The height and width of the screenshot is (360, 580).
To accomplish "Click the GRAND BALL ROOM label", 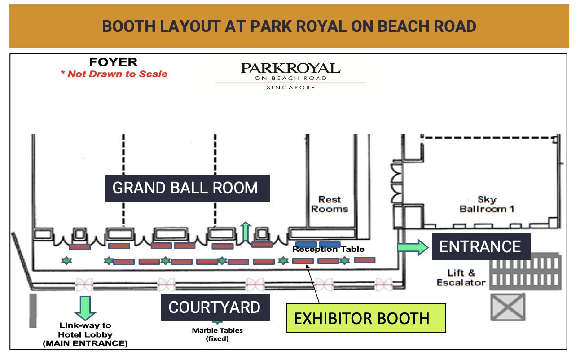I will tap(187, 188).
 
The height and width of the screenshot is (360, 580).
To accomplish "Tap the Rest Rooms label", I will tap(330, 204).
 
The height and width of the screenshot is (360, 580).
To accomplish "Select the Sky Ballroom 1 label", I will tap(487, 204).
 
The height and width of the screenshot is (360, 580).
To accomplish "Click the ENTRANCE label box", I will tap(481, 247).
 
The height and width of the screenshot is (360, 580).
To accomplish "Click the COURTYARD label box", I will tap(215, 307).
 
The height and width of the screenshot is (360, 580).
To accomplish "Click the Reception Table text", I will tap(329, 249).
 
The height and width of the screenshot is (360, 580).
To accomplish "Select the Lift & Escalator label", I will tap(461, 278).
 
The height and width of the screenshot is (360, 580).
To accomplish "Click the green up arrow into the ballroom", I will tap(245, 232).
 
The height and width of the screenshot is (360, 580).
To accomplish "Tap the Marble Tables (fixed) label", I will tap(217, 334).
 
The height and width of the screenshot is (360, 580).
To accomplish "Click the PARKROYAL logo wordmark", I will tap(290, 68).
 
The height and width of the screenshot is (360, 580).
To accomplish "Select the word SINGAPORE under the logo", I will tap(290, 88).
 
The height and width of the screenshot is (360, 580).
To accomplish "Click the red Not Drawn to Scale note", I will tap(114, 74).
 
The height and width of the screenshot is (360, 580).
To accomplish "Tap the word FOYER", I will tap(113, 62).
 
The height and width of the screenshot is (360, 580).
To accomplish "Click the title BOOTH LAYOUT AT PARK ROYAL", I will tap(289, 26).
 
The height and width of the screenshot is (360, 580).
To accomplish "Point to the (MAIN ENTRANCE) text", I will tap(85, 344).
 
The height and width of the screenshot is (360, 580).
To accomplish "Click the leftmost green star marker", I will tap(66, 260).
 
